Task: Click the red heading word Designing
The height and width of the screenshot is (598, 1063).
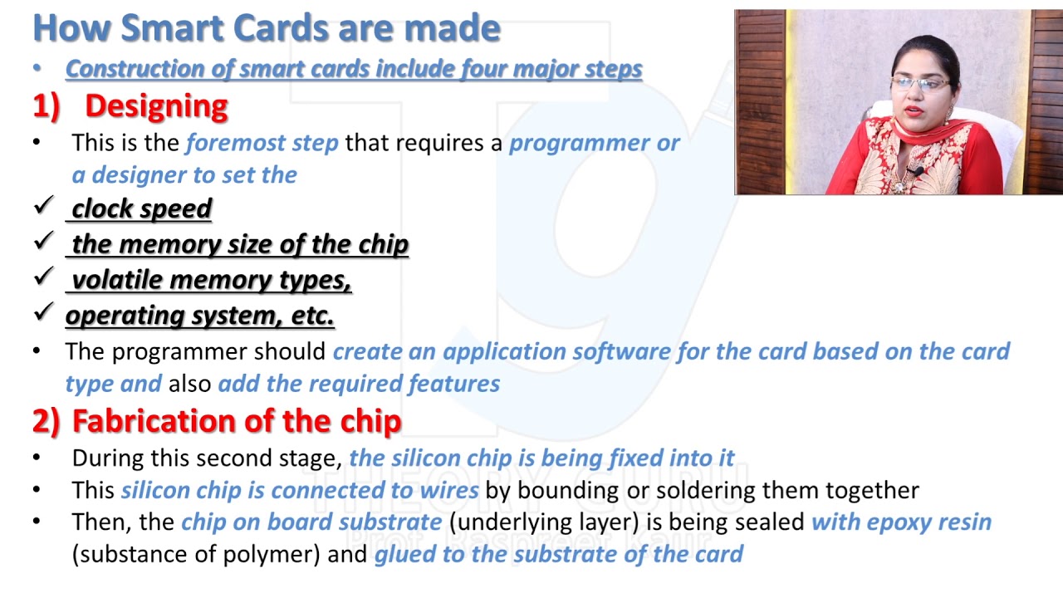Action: pos(156,105)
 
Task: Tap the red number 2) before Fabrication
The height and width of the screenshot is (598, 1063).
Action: pos(46,421)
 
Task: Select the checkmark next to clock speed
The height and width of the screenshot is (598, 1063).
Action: pos(43,206)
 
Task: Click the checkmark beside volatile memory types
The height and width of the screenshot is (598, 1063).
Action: pos(43,278)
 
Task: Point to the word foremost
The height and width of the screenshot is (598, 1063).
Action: pos(262,143)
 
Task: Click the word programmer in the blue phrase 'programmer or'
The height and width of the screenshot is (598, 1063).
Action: pos(579,143)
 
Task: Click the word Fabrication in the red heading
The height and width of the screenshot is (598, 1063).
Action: pos(174,421)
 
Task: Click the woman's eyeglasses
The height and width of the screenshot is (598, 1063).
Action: pos(918,84)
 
